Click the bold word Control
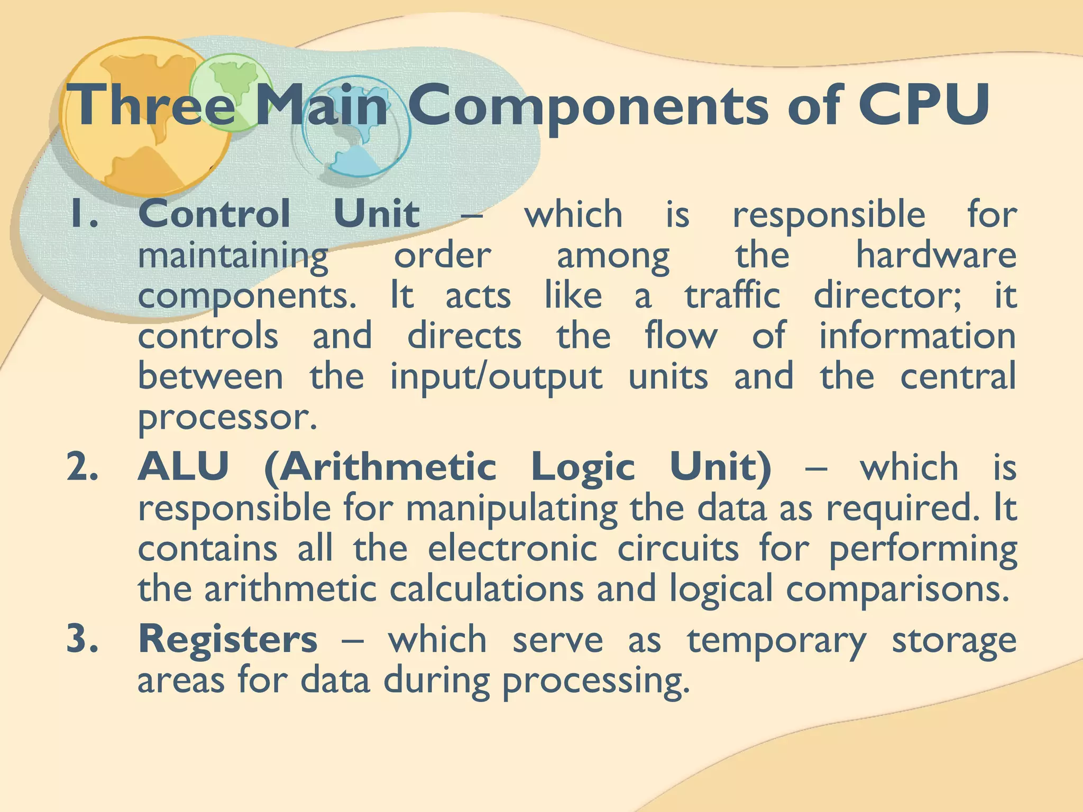coord(214,214)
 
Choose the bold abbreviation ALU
coord(183,467)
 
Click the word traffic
coord(732,296)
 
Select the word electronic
coord(512,549)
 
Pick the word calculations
coord(487,589)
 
